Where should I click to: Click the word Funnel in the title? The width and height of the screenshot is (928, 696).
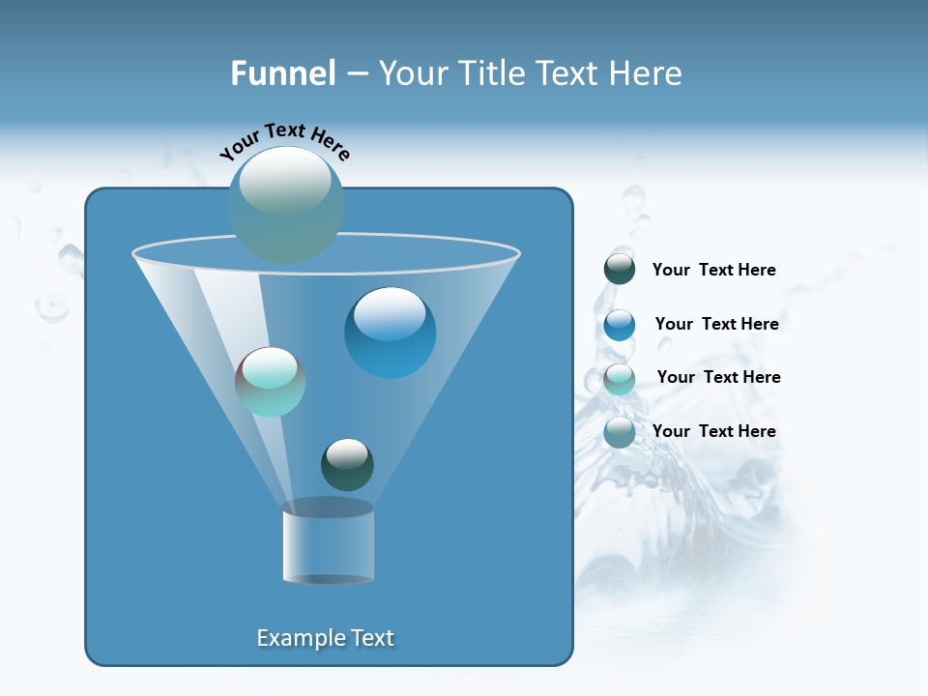(x=282, y=72)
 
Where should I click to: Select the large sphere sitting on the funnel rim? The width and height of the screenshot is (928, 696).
(x=285, y=204)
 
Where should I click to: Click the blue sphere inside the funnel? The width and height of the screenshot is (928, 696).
(x=390, y=333)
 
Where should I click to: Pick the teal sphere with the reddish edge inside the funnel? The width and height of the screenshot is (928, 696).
(x=270, y=382)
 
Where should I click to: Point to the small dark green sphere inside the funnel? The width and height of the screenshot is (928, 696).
(x=347, y=465)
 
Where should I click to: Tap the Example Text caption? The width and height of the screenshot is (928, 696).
(x=325, y=638)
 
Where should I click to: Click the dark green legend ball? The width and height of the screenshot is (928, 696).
(x=620, y=270)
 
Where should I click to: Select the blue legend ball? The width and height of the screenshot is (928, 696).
(x=620, y=325)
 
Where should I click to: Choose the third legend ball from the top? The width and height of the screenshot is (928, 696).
(x=620, y=379)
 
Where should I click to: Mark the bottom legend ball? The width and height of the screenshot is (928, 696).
(x=620, y=432)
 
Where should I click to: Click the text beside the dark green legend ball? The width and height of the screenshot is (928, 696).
(x=713, y=270)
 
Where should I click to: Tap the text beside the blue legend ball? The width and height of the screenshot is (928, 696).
(x=716, y=324)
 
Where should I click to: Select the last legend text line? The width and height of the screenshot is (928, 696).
(x=713, y=431)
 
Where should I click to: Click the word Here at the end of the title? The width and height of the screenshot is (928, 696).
(x=645, y=72)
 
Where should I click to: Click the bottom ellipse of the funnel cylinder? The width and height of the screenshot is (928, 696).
(x=328, y=579)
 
